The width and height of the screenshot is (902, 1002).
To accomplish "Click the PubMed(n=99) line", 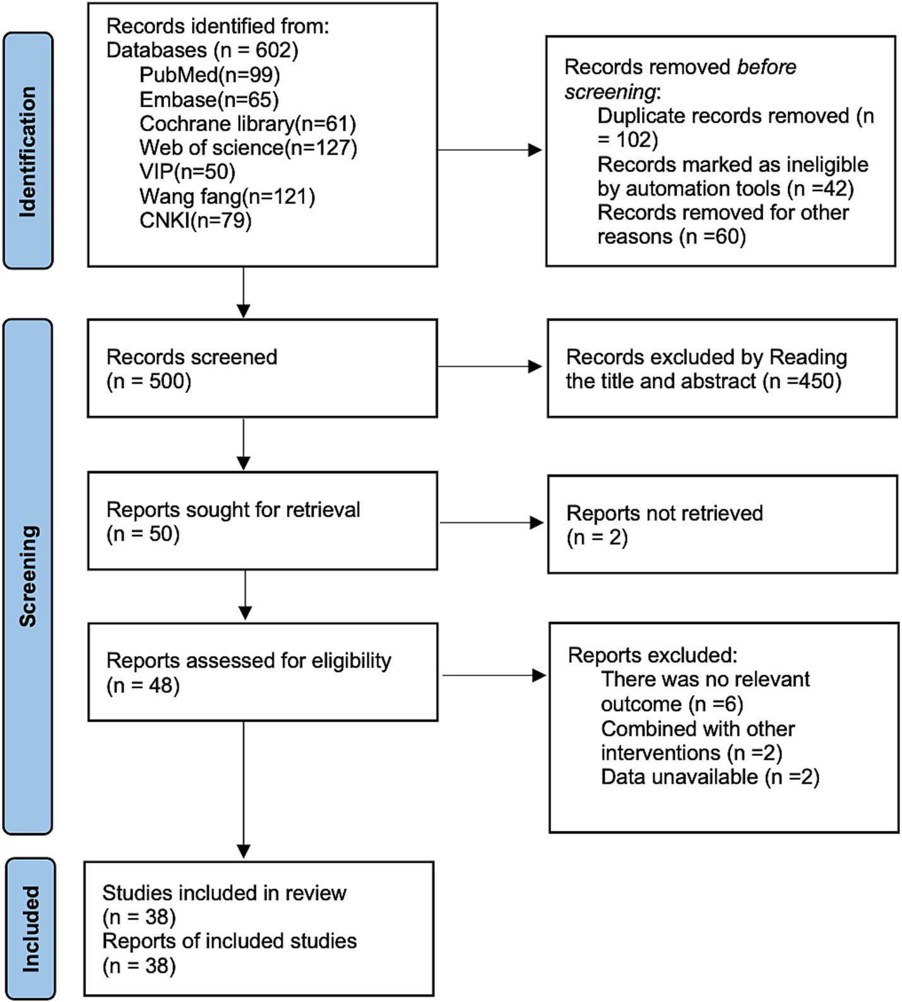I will click(x=210, y=75).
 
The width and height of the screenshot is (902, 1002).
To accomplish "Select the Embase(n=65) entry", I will click(x=209, y=100).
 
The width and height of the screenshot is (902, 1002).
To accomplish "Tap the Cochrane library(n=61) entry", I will click(x=247, y=124).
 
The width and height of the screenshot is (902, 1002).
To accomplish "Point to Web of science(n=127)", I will click(x=248, y=148).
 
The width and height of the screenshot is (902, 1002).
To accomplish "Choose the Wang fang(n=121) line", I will click(x=227, y=196).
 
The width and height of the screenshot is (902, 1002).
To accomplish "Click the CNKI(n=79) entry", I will click(x=196, y=220).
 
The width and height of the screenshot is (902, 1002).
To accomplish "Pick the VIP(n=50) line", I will click(x=187, y=172).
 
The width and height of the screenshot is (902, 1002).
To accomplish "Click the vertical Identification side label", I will click(x=28, y=151).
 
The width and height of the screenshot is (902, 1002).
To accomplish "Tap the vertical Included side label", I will click(x=30, y=929).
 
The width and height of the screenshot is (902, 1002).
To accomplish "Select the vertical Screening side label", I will click(x=28, y=575).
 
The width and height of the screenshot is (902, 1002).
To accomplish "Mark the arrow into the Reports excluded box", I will click(x=494, y=676).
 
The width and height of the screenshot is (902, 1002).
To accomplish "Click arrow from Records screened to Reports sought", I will click(x=244, y=444).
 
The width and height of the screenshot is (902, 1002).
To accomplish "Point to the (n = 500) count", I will click(x=149, y=381).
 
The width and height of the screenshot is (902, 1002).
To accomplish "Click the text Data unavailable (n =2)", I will click(x=709, y=777).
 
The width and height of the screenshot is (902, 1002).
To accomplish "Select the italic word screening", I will click(x=610, y=92).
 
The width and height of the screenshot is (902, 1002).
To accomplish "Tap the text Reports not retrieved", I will click(x=664, y=514).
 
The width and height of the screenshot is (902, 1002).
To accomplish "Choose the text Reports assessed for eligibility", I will click(x=249, y=661).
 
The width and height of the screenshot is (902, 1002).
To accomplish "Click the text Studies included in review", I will click(x=224, y=893).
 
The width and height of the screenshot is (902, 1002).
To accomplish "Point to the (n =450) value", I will click(x=802, y=381).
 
